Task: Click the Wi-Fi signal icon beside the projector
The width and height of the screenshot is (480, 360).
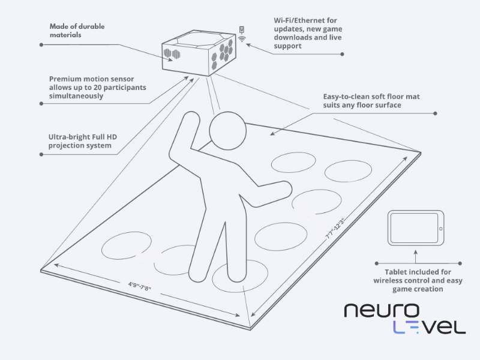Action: [x=242, y=37]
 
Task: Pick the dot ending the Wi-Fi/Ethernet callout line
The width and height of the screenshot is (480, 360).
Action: [x=343, y=54]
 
